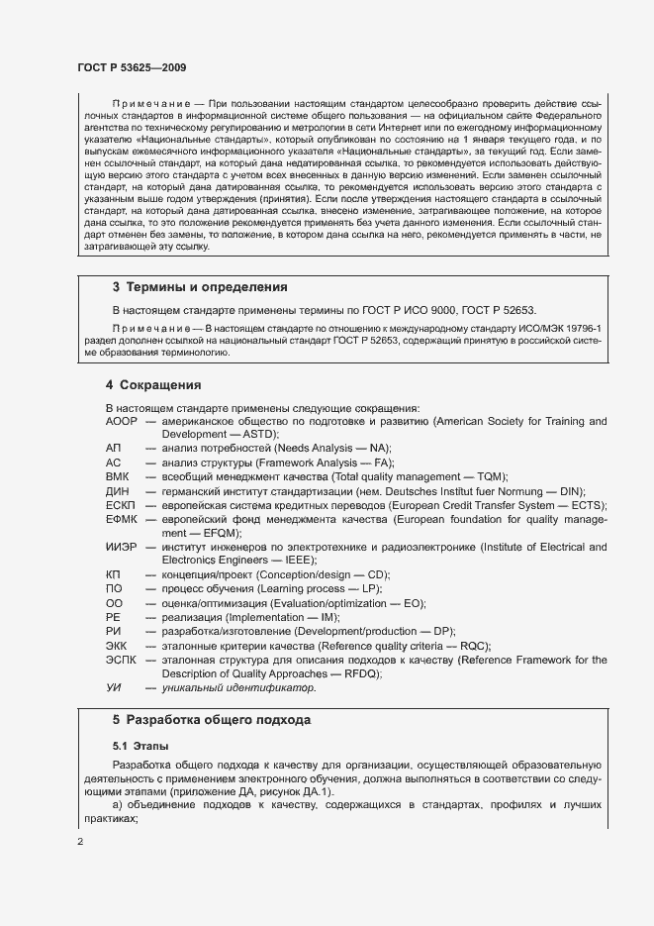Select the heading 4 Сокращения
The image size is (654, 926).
tap(153, 384)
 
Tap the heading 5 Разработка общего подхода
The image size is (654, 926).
tap(212, 720)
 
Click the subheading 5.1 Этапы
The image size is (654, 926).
tap(140, 744)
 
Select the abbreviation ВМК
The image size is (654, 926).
tap(118, 476)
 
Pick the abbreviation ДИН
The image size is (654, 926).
tap(118, 491)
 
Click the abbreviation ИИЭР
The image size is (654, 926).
tap(122, 547)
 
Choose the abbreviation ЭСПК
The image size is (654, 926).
tap(122, 660)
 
